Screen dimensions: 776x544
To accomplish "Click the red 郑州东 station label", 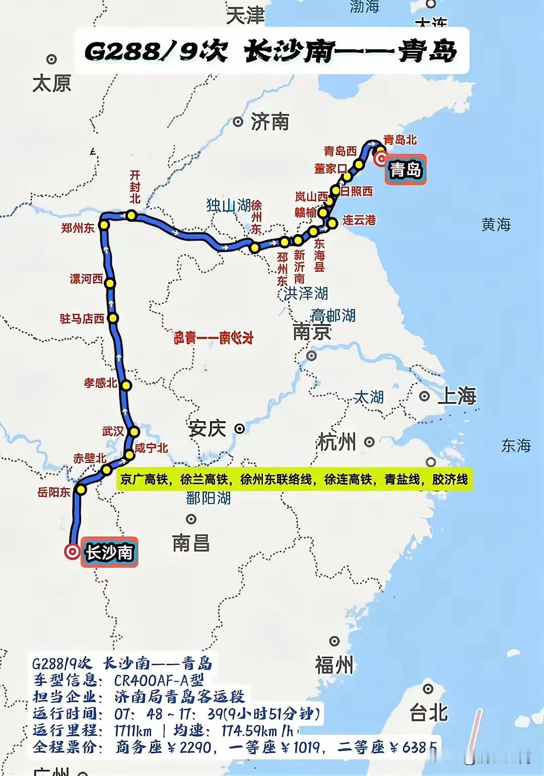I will (78, 227).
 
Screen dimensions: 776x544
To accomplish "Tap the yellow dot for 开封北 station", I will (131, 215).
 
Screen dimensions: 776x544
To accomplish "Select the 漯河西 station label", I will (86, 279).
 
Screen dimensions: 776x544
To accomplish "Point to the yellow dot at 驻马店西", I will (113, 318).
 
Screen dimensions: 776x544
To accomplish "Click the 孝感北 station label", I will (100, 383).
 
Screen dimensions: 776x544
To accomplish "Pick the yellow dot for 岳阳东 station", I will (81, 489).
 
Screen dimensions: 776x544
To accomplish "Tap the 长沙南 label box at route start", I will (109, 552).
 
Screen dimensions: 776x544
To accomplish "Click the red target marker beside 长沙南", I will (72, 552).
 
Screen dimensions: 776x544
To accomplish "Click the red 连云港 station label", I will (359, 220).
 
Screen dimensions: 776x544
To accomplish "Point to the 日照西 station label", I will (357, 191).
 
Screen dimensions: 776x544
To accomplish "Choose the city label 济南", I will (269, 122).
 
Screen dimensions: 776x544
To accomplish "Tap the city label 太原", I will (51, 83).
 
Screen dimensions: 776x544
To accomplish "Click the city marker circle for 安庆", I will (240, 429).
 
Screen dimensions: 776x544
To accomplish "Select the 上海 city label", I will (457, 396).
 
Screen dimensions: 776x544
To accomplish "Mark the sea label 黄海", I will (496, 224).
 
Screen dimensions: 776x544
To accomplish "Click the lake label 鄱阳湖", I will (208, 498).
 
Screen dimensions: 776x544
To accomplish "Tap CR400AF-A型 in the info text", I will (159, 680).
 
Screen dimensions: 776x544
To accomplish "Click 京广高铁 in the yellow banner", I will (144, 480).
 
